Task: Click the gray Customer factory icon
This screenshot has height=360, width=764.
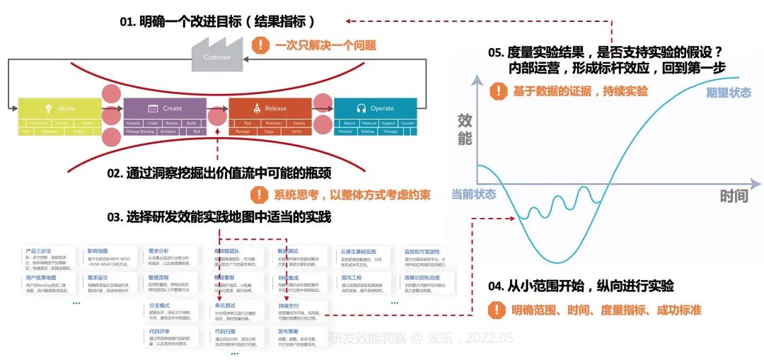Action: tap(212, 55)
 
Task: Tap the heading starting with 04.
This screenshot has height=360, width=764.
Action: tap(581, 286)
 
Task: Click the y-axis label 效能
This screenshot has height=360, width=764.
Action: tap(465, 129)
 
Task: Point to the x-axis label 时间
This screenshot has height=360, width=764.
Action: tap(734, 196)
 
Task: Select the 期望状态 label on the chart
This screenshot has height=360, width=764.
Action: tap(728, 93)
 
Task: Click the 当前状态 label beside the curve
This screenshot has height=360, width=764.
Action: tap(473, 194)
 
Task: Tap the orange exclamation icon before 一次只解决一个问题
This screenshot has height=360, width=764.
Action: tap(261, 45)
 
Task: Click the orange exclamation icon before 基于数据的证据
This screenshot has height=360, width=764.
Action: tap(500, 91)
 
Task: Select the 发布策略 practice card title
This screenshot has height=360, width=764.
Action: tap(289, 330)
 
